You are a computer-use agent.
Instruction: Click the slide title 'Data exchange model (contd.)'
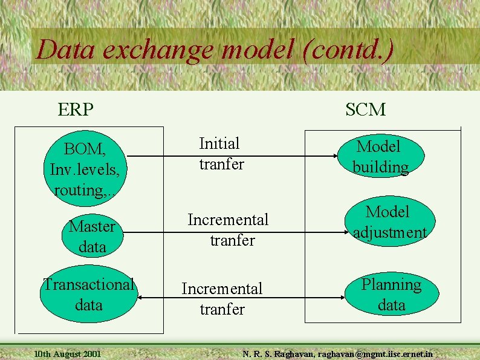pyautogui.click(x=215, y=49)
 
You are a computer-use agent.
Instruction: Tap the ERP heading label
pyautogui.click(x=76, y=110)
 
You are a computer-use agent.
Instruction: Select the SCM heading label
pyautogui.click(x=366, y=110)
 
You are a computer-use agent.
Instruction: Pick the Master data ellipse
pyautogui.click(x=92, y=237)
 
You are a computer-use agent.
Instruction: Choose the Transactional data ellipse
pyautogui.click(x=88, y=295)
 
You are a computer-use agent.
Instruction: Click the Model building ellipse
pyautogui.click(x=380, y=156)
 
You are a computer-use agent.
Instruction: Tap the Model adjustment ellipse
pyautogui.click(x=390, y=222)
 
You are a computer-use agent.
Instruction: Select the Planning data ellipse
pyautogui.click(x=391, y=295)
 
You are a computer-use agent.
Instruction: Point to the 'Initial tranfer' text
pyautogui.click(x=221, y=154)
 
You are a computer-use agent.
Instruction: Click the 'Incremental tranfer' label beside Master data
pyautogui.click(x=229, y=230)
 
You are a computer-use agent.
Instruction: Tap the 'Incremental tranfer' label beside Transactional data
pyautogui.click(x=222, y=299)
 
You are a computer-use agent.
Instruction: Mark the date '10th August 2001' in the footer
pyautogui.click(x=68, y=353)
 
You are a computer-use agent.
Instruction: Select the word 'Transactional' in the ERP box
pyautogui.click(x=88, y=284)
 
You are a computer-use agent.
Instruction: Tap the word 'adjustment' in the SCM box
pyautogui.click(x=390, y=232)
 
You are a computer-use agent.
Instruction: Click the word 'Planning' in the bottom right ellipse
pyautogui.click(x=391, y=284)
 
